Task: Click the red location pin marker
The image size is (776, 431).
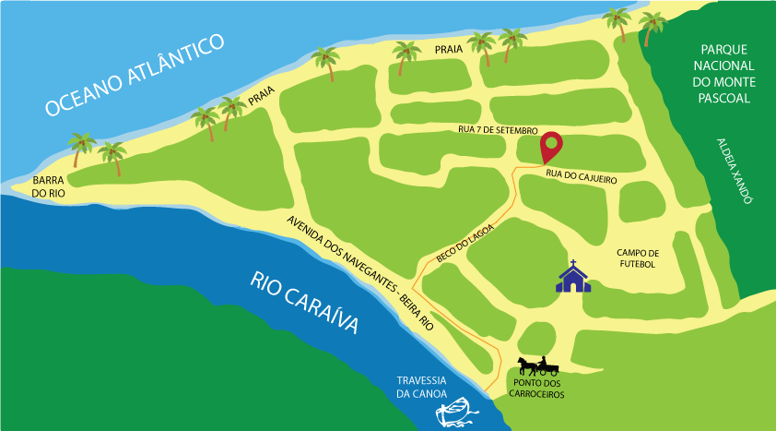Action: pyautogui.click(x=551, y=146)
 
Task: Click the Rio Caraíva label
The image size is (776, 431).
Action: pyautogui.click(x=304, y=305)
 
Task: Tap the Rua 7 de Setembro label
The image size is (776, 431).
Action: pyautogui.click(x=498, y=130)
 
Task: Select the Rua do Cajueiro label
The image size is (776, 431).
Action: pyautogui.click(x=580, y=173)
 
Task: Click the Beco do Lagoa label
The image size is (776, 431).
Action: pyautogui.click(x=465, y=244)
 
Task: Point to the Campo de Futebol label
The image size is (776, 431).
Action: pyautogui.click(x=637, y=258)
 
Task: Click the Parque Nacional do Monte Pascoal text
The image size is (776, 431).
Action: pyautogui.click(x=728, y=71)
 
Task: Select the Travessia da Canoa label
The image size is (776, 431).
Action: pyautogui.click(x=421, y=388)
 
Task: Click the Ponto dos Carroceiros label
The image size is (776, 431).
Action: pyautogui.click(x=536, y=389)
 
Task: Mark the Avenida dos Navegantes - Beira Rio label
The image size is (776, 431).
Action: pyautogui.click(x=359, y=273)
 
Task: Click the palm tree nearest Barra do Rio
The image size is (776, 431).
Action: pyautogui.click(x=82, y=148)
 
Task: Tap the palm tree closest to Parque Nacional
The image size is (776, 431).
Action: pyautogui.click(x=652, y=26)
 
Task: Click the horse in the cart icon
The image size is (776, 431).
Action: pyautogui.click(x=525, y=365)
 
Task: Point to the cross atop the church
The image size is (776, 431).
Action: pyautogui.click(x=573, y=263)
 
